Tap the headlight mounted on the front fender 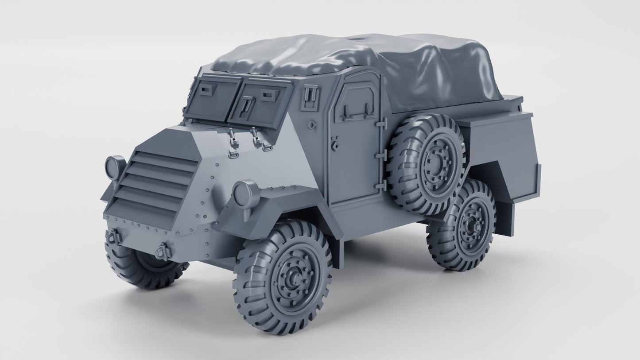pos(245,194)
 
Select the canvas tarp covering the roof pos(354,66)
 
